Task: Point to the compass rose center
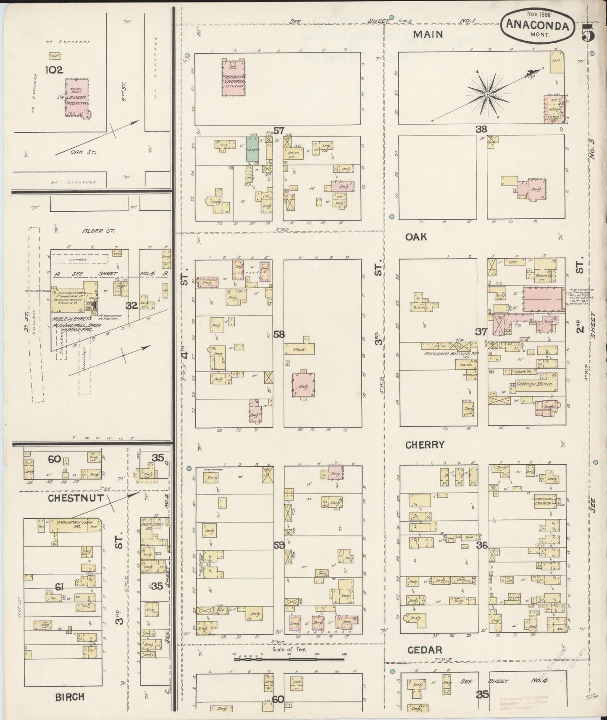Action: [x=487, y=95]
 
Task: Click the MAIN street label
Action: [x=428, y=34]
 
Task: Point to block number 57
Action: [x=279, y=130]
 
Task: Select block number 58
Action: [x=279, y=334]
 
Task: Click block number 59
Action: [x=279, y=545]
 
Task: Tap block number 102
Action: [x=55, y=70]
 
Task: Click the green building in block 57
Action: [x=252, y=150]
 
